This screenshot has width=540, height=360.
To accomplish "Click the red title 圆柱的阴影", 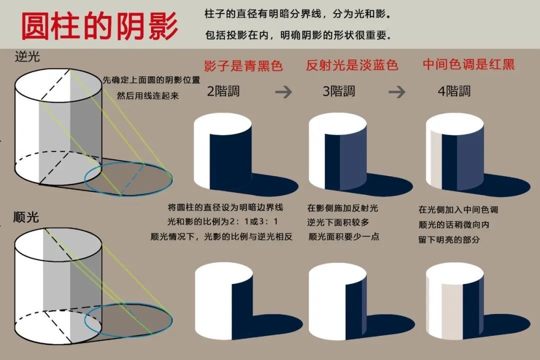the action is [99, 26].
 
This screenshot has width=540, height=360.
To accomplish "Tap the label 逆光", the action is [27, 56].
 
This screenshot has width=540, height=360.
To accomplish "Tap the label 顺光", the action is [26, 217].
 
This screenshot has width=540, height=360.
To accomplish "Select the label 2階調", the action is [223, 91].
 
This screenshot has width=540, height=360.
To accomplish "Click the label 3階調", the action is [339, 91].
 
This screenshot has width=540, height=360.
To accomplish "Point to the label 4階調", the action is [454, 91].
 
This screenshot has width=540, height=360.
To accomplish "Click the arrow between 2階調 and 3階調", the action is [283, 92].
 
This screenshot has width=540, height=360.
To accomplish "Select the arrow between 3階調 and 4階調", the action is [396, 92].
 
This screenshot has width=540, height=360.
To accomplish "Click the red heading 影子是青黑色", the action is [243, 65].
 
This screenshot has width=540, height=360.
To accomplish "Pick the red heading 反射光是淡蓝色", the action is [352, 65].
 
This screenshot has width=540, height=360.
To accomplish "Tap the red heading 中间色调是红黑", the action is [468, 64].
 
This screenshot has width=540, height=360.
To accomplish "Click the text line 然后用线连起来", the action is [147, 95].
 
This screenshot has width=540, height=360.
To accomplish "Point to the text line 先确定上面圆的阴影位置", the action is [151, 80].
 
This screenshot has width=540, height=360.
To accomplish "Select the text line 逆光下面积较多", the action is [338, 222].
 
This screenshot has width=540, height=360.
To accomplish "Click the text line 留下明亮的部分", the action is [449, 240].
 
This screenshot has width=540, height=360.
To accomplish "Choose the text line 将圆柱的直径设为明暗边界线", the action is [225, 207].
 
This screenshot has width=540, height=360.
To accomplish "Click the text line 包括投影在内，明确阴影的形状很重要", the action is [298, 35].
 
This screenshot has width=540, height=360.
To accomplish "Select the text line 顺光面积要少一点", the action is [343, 236].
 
